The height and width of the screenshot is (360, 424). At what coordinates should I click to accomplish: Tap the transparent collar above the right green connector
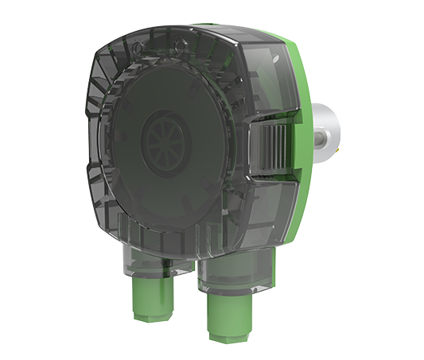pos(232,274)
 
